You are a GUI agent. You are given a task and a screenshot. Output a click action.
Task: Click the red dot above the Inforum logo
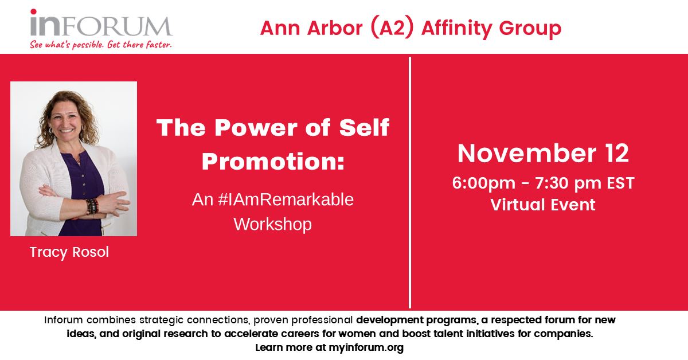pos(33,11)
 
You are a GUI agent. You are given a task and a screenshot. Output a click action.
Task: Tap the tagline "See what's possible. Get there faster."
pos(101,45)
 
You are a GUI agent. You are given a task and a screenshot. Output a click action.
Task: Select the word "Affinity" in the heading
pos(457,29)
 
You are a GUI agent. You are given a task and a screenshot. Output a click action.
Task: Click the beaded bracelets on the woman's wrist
pos(92,206)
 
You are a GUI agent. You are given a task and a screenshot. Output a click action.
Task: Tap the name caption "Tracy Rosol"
pos(69,252)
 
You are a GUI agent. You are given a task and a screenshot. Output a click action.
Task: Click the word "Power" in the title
pos(257,127)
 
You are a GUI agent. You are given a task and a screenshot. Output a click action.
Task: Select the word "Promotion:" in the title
pos(273,161)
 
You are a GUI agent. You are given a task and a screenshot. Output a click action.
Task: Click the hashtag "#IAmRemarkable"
pos(286,199)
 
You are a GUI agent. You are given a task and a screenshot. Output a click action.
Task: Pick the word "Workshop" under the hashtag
pos(273,224)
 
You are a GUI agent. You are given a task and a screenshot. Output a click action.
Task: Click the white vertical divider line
pos(410,182)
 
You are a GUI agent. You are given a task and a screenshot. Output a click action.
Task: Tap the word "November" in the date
pos(527,153)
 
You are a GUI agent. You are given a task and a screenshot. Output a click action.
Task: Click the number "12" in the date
pos(617,153)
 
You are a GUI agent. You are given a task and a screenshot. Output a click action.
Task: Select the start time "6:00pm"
pos(484,183)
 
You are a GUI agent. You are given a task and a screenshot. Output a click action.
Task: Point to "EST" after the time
pos(620,183)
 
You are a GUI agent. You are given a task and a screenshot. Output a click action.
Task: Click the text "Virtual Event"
pos(543,205)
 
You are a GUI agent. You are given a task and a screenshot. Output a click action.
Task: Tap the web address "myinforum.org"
pos(366,347)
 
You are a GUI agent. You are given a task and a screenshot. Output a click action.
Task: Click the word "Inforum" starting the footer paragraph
pos(63,320)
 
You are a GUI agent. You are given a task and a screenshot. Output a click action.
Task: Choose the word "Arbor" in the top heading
pos(335,28)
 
